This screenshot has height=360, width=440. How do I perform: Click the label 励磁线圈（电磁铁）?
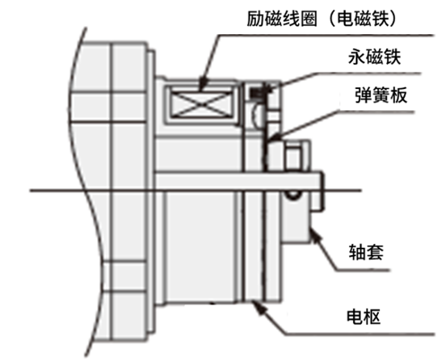tap(321, 19)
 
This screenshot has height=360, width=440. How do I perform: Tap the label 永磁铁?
tap(374, 57)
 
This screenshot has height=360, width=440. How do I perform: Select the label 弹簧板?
tap(381, 95)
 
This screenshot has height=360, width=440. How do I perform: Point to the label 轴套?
tap(366, 252)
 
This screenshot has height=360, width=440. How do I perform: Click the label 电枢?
tap(364, 317)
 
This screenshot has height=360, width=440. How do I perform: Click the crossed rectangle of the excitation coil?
tap(202, 103)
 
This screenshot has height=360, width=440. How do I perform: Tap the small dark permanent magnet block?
tap(257, 92)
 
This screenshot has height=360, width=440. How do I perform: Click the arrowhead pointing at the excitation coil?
tap(204, 84)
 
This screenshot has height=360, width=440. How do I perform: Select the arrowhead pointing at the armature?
tap(258, 307)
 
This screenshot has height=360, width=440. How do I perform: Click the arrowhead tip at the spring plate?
tap(269, 139)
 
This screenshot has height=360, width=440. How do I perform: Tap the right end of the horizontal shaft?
tap(323, 190)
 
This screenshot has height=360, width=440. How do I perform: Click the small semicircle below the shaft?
tap(293, 196)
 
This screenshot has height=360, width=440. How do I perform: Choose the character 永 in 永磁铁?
tap(356, 57)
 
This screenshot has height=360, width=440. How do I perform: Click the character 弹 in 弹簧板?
tap(364, 95)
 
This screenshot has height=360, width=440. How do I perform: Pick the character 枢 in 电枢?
tap(372, 317)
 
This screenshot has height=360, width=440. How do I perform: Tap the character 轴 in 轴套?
tap(357, 252)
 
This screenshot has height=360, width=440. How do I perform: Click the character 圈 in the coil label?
tap(308, 19)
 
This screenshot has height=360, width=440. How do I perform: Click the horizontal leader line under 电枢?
tap(358, 334)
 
